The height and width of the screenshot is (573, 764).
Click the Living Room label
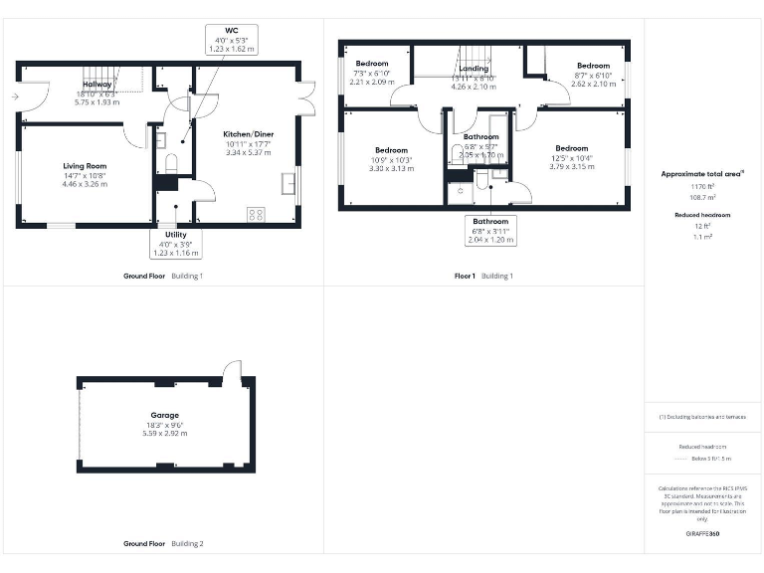(85, 174)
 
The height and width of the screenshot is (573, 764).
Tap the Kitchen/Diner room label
(248, 142)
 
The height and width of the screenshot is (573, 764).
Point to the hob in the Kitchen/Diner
(256, 213)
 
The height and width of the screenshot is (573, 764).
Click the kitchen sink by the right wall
(288, 182)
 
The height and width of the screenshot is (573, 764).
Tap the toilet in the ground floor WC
(170, 163)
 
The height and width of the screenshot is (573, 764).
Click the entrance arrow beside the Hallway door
(14, 96)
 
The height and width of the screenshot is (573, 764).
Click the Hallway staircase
(99, 77)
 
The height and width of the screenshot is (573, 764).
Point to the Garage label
(165, 420)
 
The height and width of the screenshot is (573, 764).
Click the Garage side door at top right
(232, 372)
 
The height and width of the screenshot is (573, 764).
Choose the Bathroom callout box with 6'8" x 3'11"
(490, 231)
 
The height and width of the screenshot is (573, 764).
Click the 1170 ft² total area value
(702, 186)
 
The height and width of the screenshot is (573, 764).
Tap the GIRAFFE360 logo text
(702, 534)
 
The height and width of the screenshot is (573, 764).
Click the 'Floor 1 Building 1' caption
(483, 276)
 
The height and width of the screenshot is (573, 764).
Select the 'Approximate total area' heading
(702, 173)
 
